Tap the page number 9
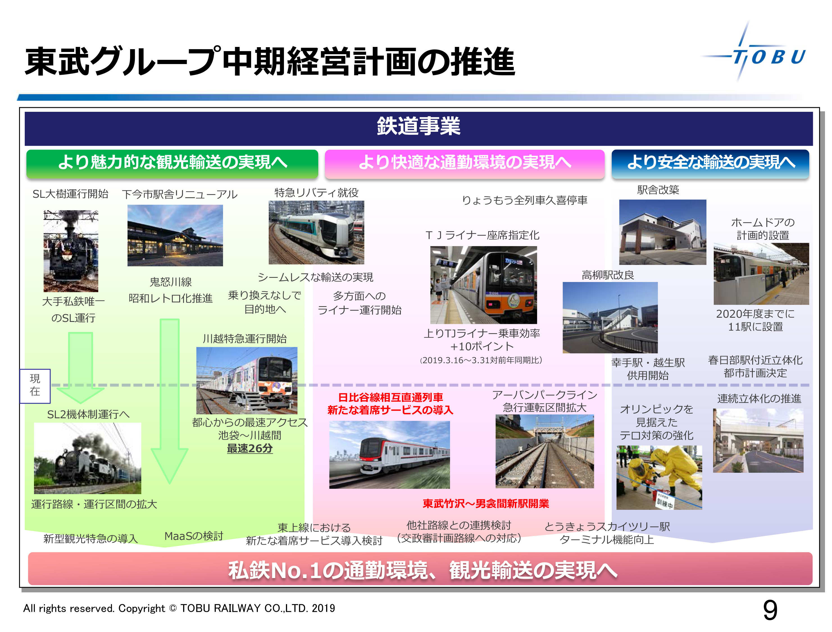pos(770,610)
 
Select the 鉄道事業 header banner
pos(418,128)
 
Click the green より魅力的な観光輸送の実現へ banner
pos(172,163)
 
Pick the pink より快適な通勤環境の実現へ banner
pos(465,163)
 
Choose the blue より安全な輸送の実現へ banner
pos(710,163)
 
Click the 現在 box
pos(35,386)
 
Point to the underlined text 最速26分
pos(250,448)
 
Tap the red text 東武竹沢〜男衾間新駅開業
pos(486,503)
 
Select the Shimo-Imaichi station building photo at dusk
pos(175,235)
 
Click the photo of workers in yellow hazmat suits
pos(659,478)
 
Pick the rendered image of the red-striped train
pos(389,455)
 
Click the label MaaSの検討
pos(194,536)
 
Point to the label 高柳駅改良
pos(608,275)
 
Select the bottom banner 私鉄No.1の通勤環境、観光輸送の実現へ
pos(420,569)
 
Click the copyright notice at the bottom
pos(179,608)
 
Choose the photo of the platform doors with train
pos(761,274)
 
